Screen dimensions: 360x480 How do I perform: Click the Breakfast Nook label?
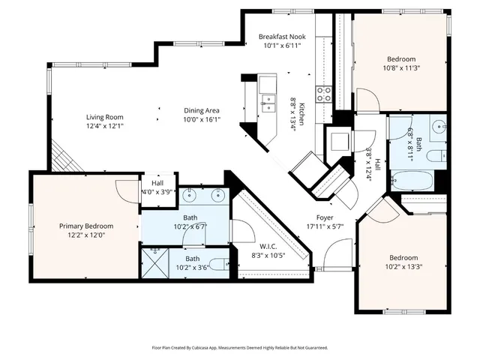(283, 37)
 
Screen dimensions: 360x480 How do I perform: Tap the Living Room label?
(104, 116)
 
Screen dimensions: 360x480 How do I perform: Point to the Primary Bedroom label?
(86, 226)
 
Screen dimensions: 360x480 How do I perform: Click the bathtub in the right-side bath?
(412, 181)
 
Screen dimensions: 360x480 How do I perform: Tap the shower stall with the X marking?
(156, 263)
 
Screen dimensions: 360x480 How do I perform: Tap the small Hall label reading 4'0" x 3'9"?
(157, 191)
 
